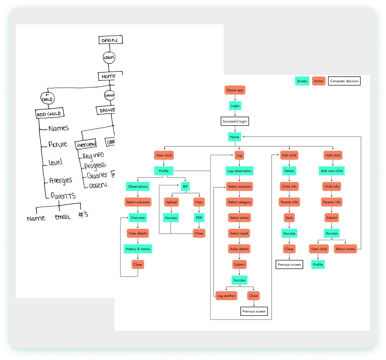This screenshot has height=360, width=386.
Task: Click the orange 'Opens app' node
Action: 235,90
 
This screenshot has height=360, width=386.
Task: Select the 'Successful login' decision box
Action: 235,121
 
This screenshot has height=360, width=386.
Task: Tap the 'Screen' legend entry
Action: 302,81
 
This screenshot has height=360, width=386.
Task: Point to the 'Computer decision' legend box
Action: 344,81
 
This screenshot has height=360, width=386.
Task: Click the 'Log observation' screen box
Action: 239,171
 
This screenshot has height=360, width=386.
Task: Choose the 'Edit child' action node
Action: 289,155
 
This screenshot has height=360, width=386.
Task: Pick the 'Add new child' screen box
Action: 332,171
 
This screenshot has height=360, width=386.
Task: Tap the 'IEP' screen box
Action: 185,187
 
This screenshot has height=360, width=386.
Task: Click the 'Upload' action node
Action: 171,202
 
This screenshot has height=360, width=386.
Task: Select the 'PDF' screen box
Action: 199,218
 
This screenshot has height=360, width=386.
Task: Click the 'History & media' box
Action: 138,249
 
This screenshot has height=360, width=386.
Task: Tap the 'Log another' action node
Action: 226,296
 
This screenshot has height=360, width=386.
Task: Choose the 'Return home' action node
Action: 345,249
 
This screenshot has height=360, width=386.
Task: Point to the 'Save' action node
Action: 289,218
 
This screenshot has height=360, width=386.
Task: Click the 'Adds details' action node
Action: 239,249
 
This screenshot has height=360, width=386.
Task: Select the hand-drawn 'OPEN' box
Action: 110,40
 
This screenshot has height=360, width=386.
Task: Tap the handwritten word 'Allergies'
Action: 61,180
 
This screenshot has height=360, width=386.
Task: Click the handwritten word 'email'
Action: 63,217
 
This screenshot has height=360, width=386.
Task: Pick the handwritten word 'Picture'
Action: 58,144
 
